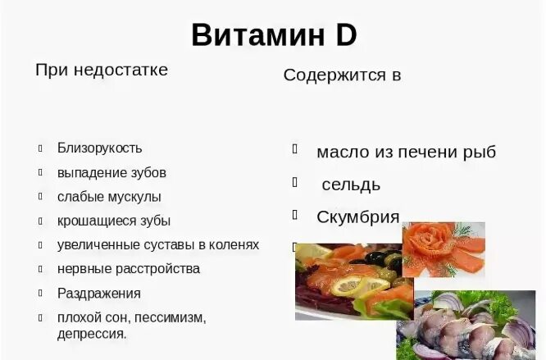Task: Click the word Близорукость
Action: tap(99, 148)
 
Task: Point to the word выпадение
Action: tap(86, 172)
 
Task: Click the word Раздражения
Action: tap(98, 293)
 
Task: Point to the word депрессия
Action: tap(91, 333)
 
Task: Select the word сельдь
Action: tap(351, 185)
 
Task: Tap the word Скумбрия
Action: tap(358, 217)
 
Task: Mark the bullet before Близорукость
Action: tap(39, 148)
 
